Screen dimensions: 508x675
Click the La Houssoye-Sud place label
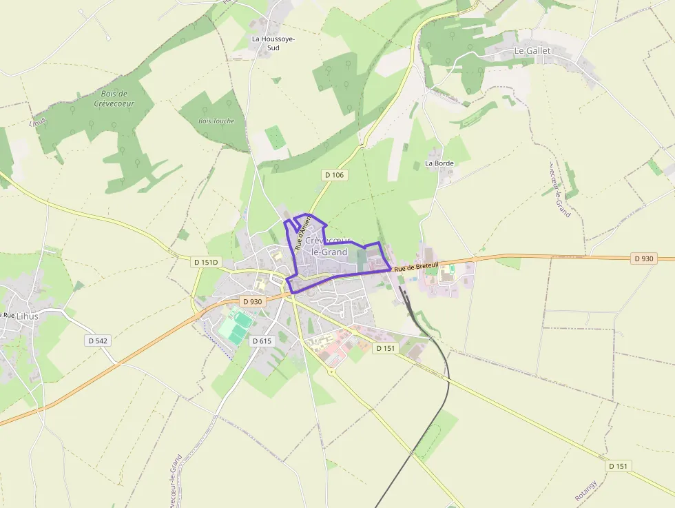pos(273,43)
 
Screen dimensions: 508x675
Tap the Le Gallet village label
pos(532,51)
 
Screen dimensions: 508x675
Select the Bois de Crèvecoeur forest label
pos(114,99)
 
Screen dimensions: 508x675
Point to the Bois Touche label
pos(216,121)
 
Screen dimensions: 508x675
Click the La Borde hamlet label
pos(439,163)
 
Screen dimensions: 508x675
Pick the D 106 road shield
pos(334,175)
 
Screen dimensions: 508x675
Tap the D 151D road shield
pos(205,262)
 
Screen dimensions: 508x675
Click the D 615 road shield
pos(261,341)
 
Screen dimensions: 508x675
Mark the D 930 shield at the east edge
pos(643,258)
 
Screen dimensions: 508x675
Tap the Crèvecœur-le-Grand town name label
pos(329,246)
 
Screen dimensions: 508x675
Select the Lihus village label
pos(28,316)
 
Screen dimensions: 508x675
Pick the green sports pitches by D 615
pos(236,326)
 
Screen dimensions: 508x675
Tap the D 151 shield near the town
pos(386,348)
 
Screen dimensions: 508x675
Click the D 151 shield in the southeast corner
pos(619,466)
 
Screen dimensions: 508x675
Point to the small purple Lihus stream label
pos(37,122)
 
